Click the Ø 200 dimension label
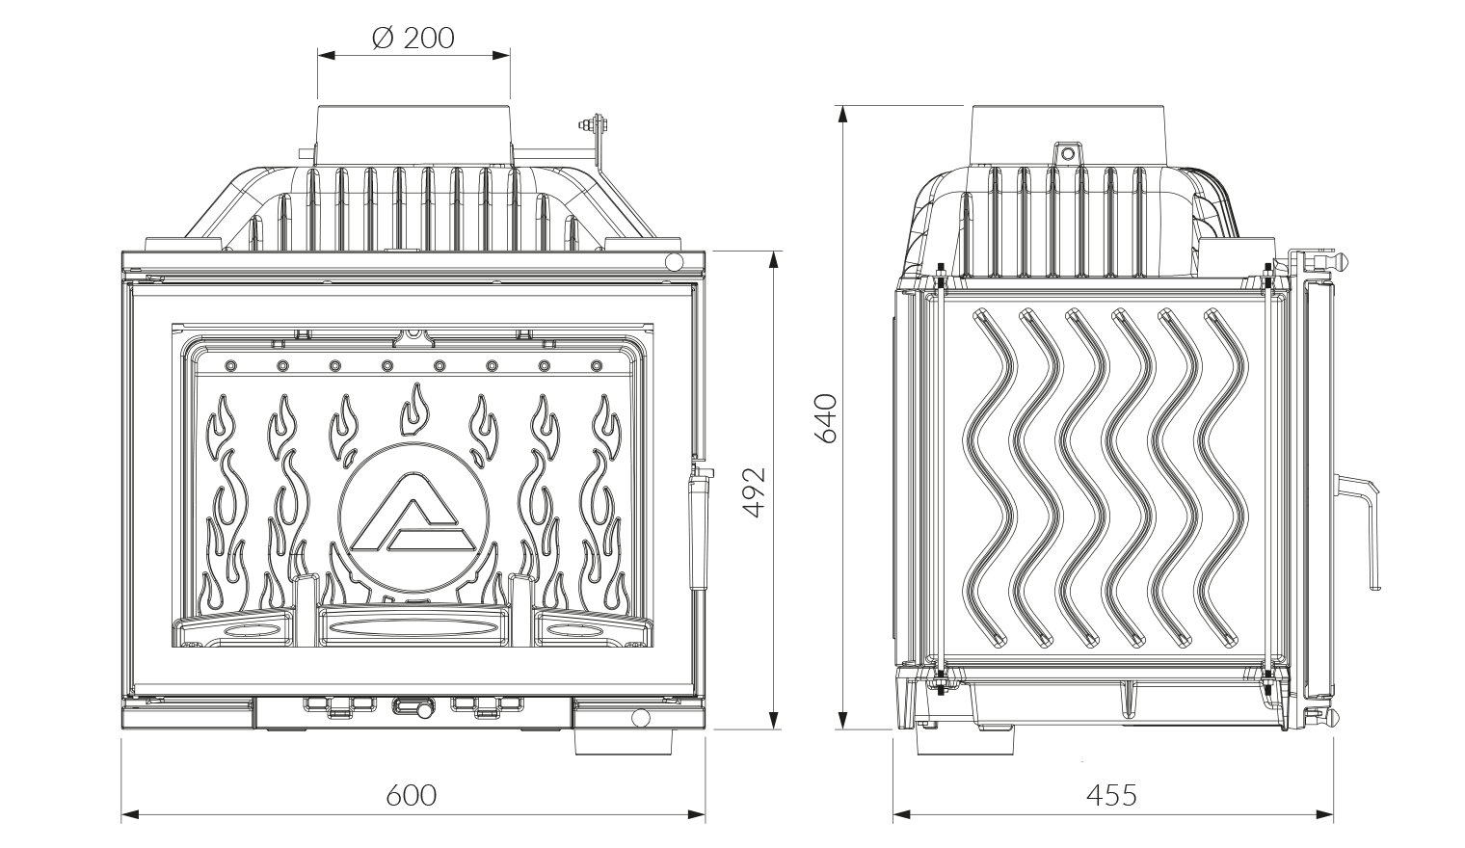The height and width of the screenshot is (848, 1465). click(x=413, y=38)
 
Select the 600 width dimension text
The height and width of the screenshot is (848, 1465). click(x=412, y=795)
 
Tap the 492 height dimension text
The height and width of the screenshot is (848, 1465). click(x=756, y=491)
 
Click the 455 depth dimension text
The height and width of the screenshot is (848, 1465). click(x=1111, y=795)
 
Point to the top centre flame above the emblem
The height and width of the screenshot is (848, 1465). click(x=414, y=405)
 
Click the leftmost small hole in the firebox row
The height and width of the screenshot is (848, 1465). click(x=230, y=366)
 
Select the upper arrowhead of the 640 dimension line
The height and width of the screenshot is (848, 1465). click(x=843, y=113)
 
